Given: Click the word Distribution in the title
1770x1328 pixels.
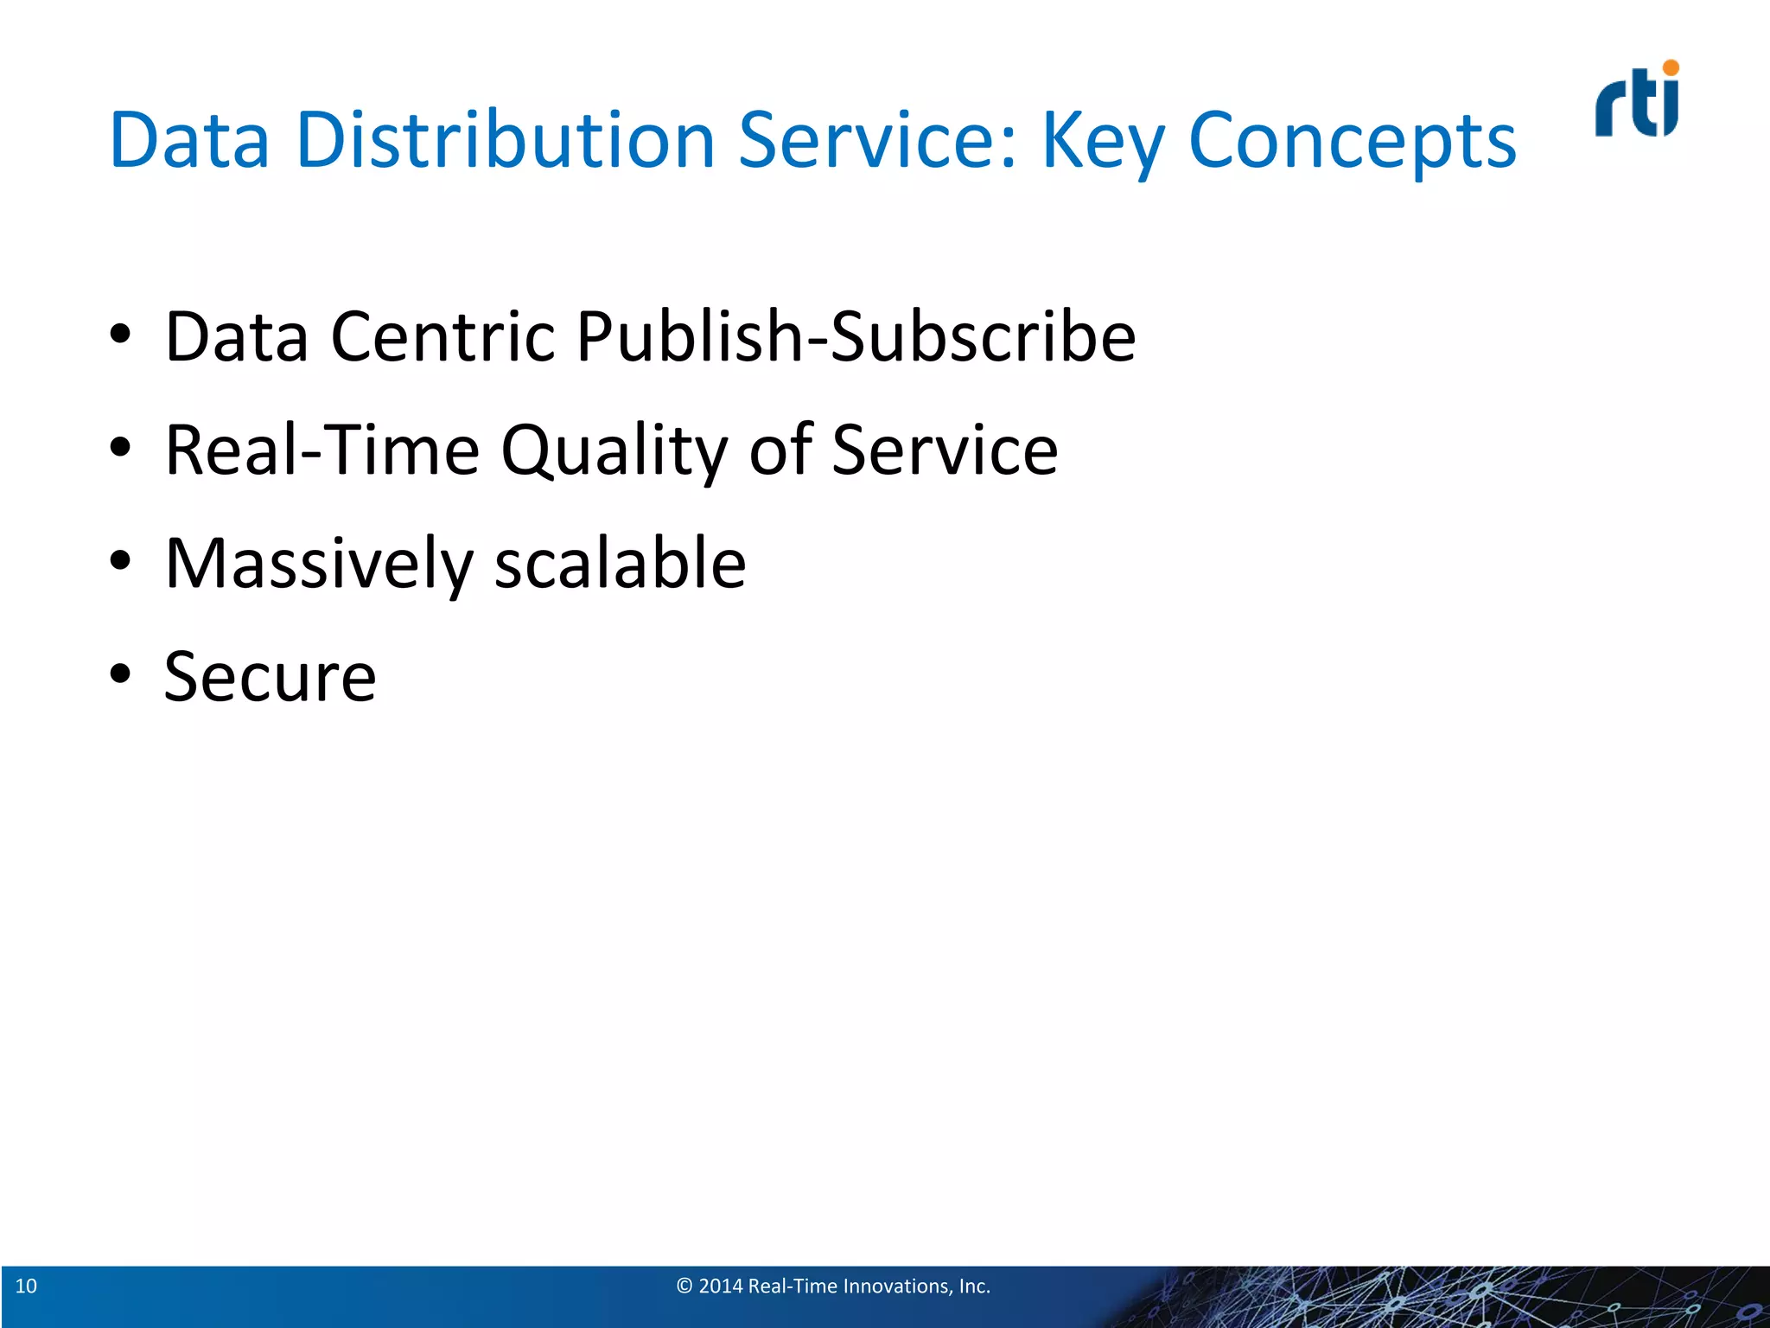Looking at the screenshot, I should click(505, 140).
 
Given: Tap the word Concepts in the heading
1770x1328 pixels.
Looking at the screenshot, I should click(1352, 142).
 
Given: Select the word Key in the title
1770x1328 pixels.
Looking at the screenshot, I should click(1103, 142).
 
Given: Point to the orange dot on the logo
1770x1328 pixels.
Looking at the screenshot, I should click(1671, 67).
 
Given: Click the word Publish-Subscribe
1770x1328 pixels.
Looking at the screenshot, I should click(856, 336).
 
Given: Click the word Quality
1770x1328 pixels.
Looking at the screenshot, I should click(614, 451).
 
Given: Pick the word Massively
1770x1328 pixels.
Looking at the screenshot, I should click(319, 564).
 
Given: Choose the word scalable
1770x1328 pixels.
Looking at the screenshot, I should click(620, 563).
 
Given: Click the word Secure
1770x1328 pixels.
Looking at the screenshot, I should click(271, 677).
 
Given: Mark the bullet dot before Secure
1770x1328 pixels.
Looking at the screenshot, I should click(120, 674).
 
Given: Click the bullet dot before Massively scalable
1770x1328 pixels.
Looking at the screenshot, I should click(120, 560).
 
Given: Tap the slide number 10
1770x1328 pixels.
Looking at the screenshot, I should click(26, 1286).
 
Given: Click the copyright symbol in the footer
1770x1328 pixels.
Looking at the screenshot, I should click(684, 1286).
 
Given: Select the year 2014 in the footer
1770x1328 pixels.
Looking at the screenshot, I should click(721, 1286).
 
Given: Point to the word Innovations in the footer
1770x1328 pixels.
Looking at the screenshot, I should click(896, 1286).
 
